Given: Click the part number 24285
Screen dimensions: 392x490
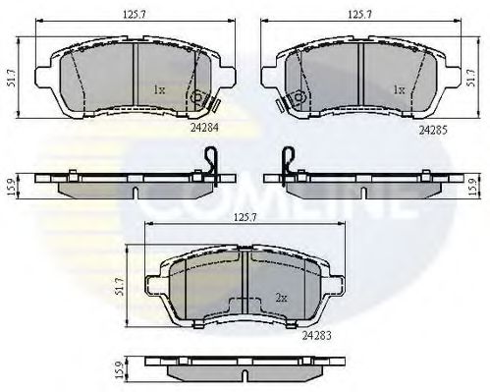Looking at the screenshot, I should click(432, 128).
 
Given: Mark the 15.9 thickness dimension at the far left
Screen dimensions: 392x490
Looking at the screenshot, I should click(11, 184).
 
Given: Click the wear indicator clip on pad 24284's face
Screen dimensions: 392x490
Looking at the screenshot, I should click(200, 98).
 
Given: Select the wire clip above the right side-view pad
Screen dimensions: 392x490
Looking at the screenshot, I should click(286, 158).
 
